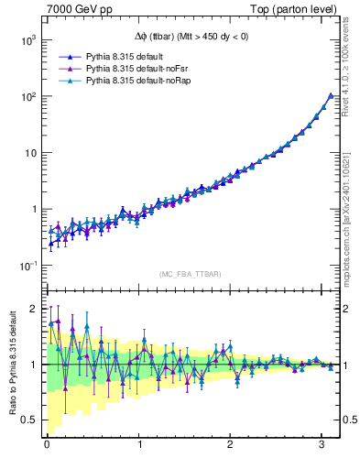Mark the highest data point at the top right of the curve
point(330,95)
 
